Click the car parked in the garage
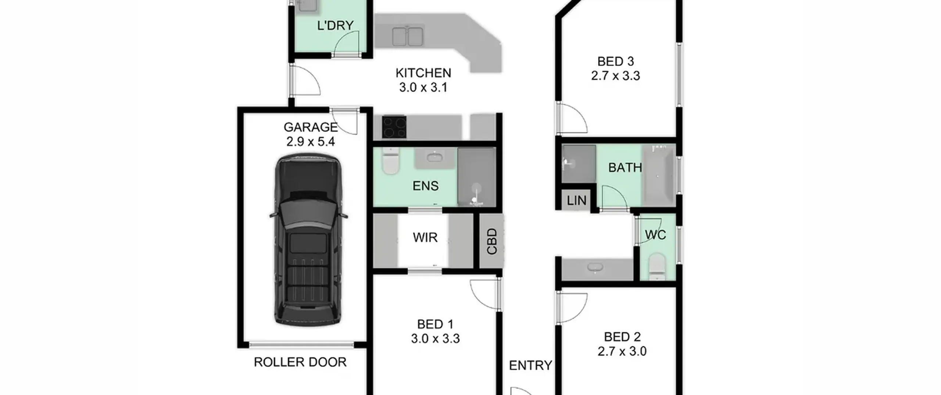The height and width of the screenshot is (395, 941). [x=308, y=239]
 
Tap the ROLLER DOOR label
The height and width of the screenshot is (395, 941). [x=300, y=362]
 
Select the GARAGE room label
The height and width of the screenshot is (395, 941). [x=311, y=127]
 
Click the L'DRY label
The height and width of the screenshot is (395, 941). [x=335, y=25]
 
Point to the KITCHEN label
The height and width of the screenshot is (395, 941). [x=423, y=73]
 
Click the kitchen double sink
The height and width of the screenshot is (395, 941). [x=408, y=36]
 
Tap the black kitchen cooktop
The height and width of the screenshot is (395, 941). [x=394, y=127]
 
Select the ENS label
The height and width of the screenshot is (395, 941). [x=425, y=186]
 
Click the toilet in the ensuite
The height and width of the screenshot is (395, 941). [x=390, y=161]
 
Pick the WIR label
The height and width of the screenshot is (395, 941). [x=425, y=237]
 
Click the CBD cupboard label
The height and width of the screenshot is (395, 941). [x=492, y=241]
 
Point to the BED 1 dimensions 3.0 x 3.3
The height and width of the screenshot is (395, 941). [x=435, y=338]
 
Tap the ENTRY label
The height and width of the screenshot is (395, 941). [x=530, y=365]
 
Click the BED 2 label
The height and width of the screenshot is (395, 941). [x=622, y=337]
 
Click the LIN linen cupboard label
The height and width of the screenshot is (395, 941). [x=576, y=201]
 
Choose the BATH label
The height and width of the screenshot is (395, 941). [x=625, y=168]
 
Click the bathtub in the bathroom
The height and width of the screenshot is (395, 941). [x=658, y=175]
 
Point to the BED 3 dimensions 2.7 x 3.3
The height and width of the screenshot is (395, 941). [x=615, y=76]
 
